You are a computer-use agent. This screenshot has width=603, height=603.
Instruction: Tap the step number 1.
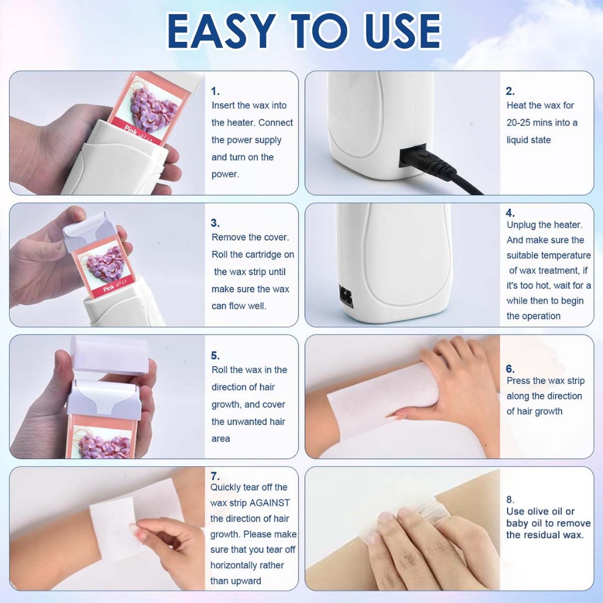[216, 91]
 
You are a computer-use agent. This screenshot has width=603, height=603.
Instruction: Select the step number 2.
[511, 91]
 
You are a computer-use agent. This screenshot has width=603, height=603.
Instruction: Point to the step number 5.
[216, 356]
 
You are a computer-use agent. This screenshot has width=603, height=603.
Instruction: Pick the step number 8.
[511, 499]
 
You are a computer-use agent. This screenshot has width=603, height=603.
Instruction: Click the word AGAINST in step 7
[270, 503]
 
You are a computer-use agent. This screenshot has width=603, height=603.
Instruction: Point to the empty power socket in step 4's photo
[346, 297]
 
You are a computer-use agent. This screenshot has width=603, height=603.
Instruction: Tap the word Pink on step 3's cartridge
[109, 288]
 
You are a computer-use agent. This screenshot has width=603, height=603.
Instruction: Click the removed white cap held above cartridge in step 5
[110, 356]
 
